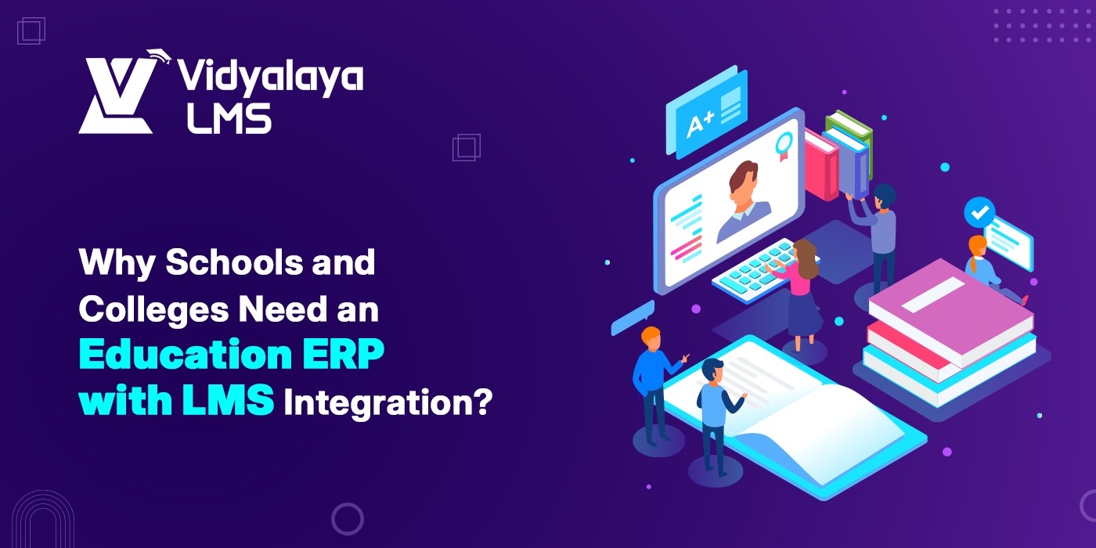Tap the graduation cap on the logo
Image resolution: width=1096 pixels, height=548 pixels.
[x=159, y=56]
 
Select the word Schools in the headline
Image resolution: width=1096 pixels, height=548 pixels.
[x=234, y=262]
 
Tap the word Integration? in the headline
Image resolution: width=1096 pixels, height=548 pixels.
[x=388, y=402]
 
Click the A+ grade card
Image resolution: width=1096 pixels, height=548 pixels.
[x=706, y=113]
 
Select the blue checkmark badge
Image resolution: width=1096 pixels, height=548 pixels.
[x=979, y=212]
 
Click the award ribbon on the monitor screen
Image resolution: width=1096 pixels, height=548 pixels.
[x=784, y=146]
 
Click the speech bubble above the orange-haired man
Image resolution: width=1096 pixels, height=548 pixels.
[x=633, y=318]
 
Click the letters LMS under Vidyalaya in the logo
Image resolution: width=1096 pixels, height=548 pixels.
[x=229, y=118]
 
